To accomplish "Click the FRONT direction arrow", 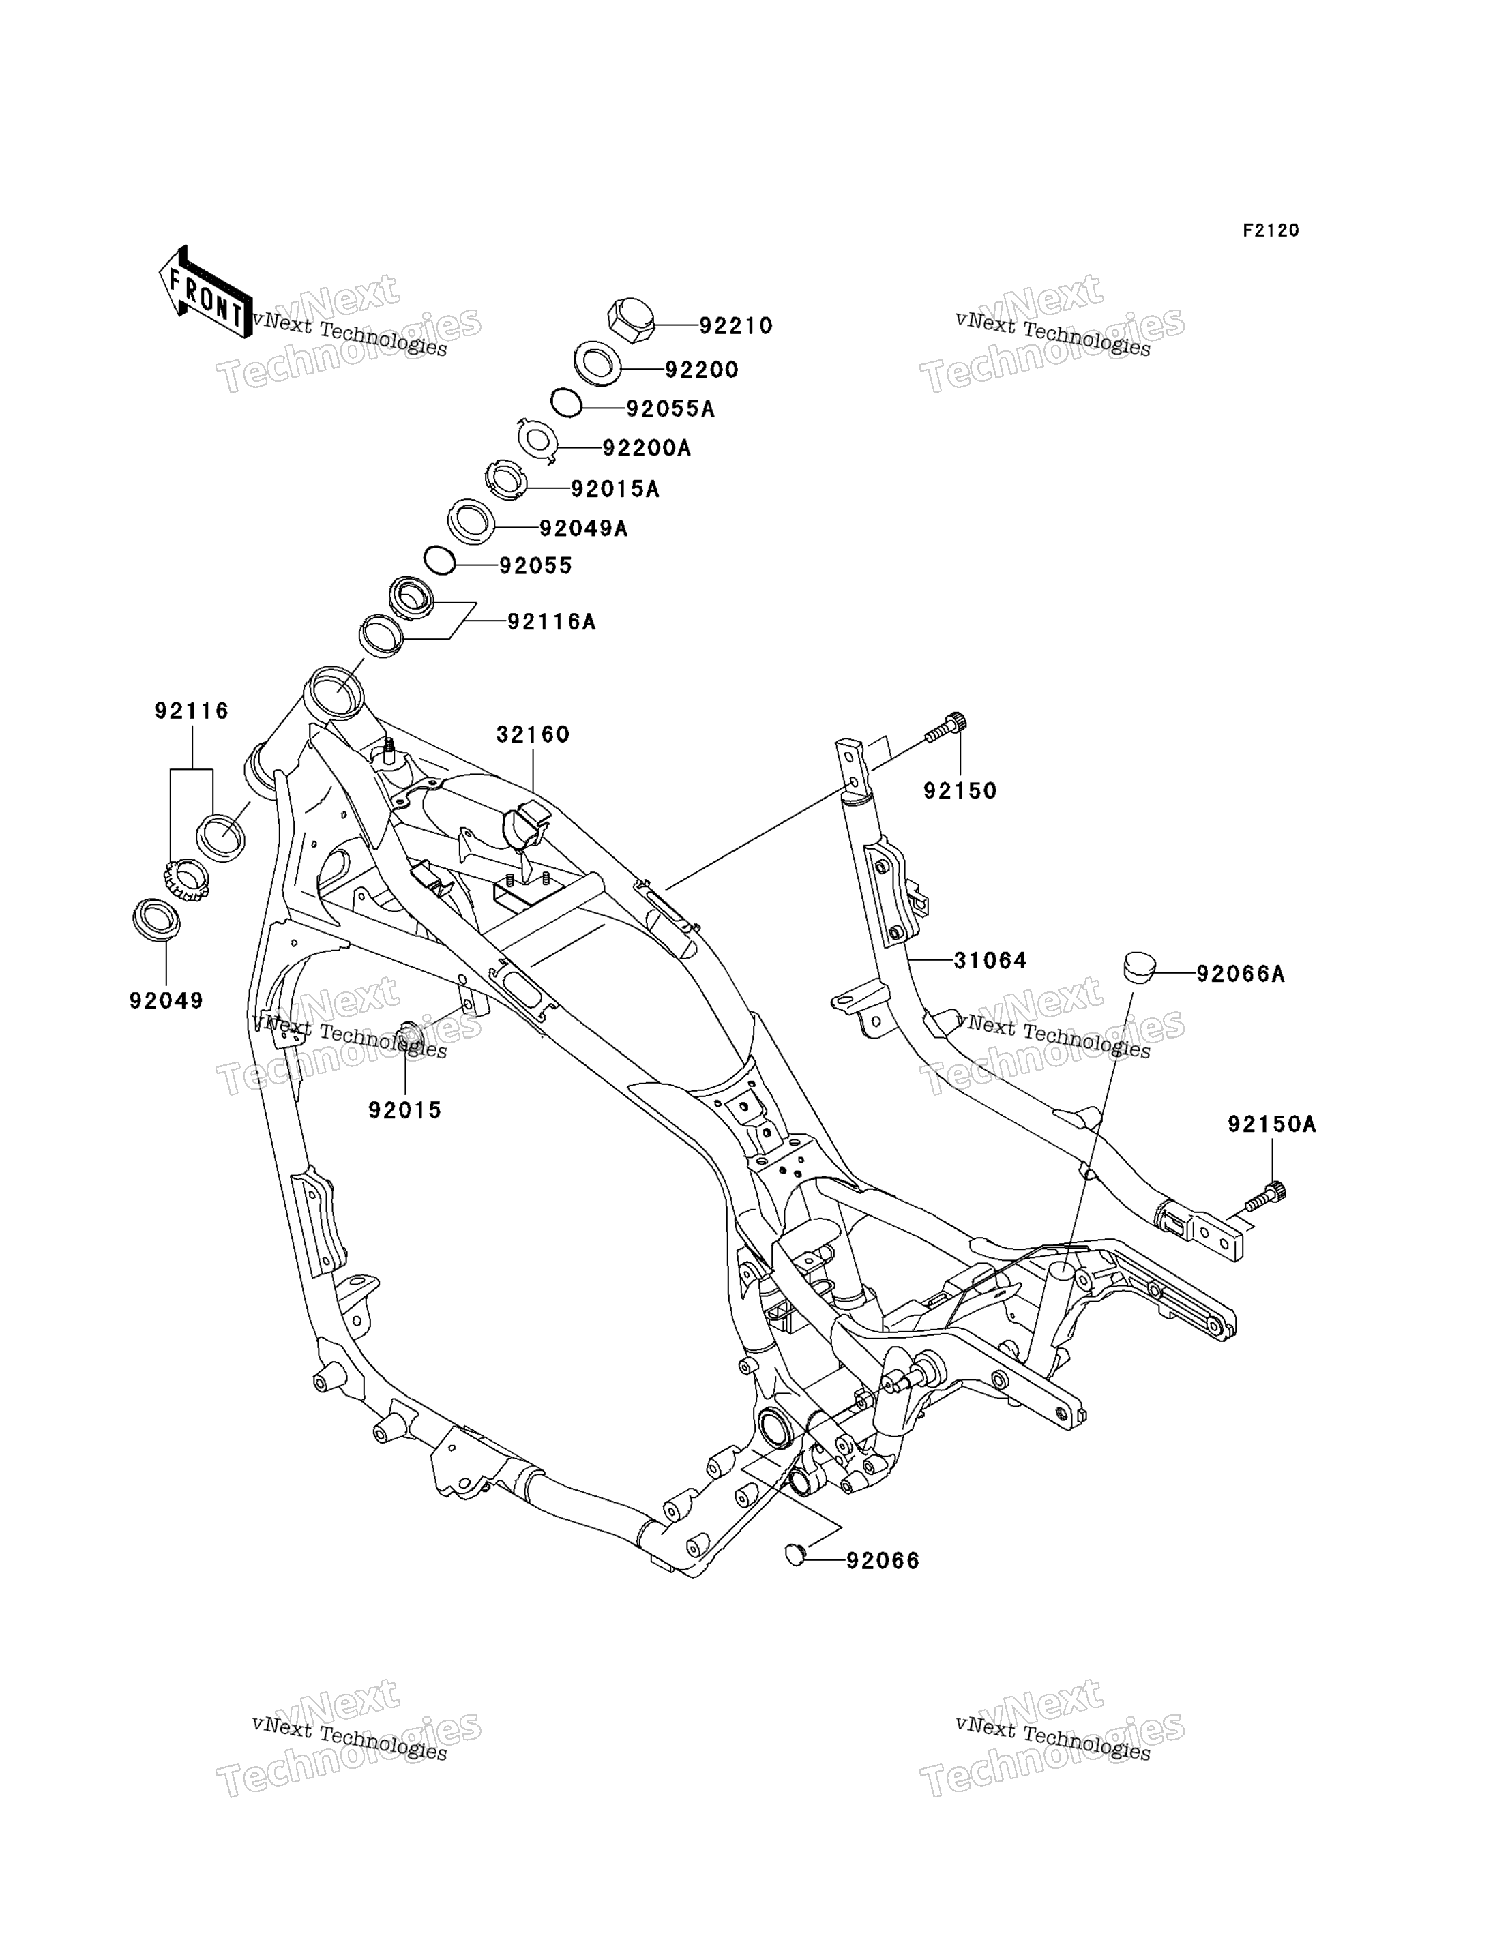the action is click(x=205, y=292).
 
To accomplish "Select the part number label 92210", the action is click(x=735, y=327).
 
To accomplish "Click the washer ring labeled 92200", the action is click(x=597, y=363).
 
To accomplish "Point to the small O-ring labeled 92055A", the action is click(x=566, y=403).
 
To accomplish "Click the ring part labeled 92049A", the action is click(x=471, y=522).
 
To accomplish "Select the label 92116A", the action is click(x=551, y=622).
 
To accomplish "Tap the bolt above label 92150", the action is click(x=945, y=728).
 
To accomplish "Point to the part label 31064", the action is click(x=990, y=960).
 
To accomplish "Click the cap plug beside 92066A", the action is click(x=1139, y=966).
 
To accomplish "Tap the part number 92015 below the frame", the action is click(x=405, y=1111).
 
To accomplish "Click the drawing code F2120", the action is click(x=1271, y=230).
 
